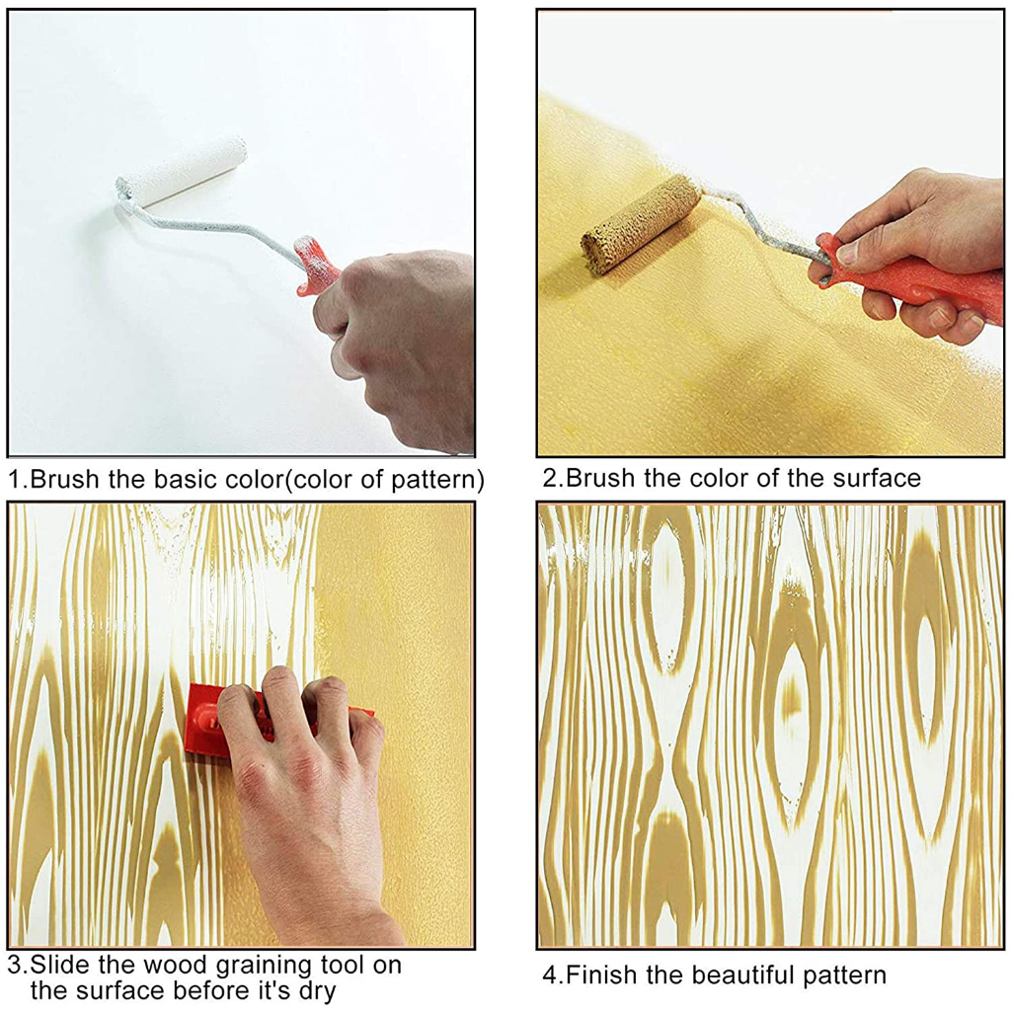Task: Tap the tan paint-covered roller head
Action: point(641,225)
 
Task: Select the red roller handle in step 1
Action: point(317,266)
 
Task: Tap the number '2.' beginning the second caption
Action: point(554,479)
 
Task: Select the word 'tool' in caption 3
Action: point(344,966)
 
